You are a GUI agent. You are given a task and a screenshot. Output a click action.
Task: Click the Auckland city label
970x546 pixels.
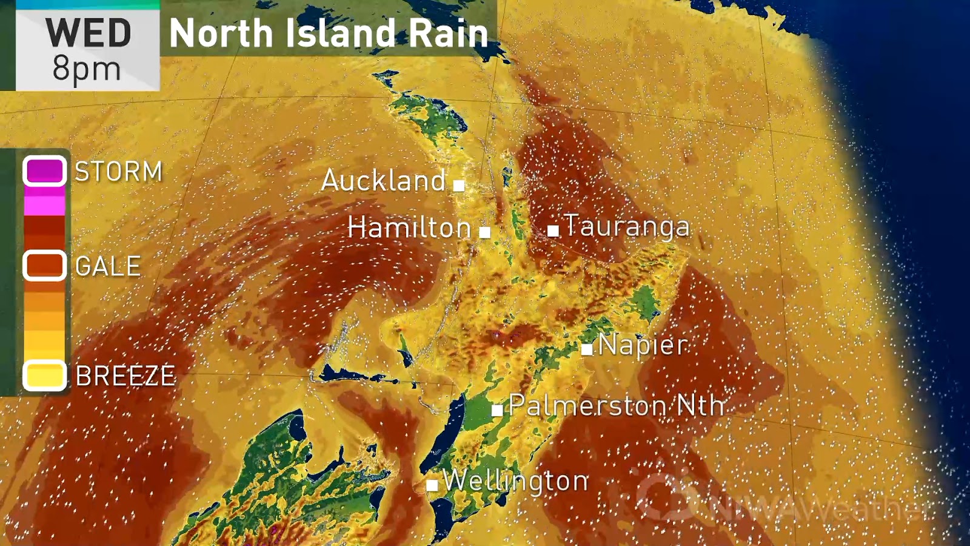(x=383, y=181)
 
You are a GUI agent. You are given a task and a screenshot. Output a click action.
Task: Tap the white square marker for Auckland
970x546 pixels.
(x=459, y=185)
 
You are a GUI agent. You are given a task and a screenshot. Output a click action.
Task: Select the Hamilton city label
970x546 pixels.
(x=409, y=228)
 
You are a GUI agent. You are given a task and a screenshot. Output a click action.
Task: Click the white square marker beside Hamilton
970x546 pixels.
(x=484, y=232)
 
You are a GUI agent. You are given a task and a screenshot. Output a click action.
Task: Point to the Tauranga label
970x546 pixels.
(x=627, y=226)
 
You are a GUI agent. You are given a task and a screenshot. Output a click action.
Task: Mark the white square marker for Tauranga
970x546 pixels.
(x=553, y=231)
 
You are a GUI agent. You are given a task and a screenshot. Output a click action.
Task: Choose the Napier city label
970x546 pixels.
(x=643, y=345)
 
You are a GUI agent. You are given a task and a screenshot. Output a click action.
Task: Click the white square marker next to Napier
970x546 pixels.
(x=586, y=349)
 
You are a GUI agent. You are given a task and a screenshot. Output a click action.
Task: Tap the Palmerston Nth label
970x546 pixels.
(x=616, y=405)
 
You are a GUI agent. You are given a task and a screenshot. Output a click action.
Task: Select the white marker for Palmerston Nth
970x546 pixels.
(x=497, y=410)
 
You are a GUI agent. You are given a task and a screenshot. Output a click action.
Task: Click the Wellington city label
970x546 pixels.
(x=515, y=481)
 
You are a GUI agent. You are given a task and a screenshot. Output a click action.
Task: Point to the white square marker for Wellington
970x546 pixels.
(x=432, y=485)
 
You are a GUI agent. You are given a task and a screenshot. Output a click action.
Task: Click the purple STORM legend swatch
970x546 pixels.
(x=44, y=171)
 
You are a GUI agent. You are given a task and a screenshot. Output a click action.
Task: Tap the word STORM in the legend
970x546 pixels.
(x=119, y=172)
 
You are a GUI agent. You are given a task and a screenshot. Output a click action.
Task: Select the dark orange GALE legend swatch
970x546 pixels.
(x=44, y=266)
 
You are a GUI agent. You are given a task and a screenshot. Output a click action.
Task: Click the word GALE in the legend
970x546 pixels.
(x=108, y=266)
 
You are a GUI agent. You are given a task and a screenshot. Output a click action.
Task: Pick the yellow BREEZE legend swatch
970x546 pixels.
(x=44, y=376)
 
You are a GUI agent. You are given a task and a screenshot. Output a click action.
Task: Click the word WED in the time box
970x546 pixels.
(x=89, y=33)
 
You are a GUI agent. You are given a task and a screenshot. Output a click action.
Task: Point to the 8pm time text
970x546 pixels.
(x=87, y=69)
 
